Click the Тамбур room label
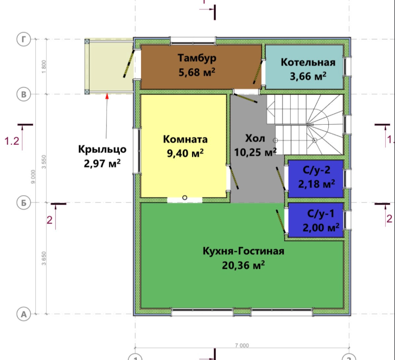coord(197,57)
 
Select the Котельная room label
coord(308,62)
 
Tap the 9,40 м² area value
coord(186,153)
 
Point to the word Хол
coord(255,138)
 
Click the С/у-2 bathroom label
coord(316,170)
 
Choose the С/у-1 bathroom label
coord(321,214)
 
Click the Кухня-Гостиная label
coord(243,251)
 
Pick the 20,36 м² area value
coord(243,265)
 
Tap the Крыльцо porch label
coord(102,149)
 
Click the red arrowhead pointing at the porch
coord(107,95)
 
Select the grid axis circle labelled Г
coord(24,39)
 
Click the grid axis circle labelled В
coord(24,94)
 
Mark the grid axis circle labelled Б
coord(24,203)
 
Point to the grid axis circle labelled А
coord(24,314)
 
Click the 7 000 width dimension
coord(242,345)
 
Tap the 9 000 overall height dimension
coord(33,177)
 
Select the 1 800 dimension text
coord(44,67)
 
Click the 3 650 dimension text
coord(44,258)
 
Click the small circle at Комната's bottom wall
coord(184,198)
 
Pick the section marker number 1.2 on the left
coord(12,141)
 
